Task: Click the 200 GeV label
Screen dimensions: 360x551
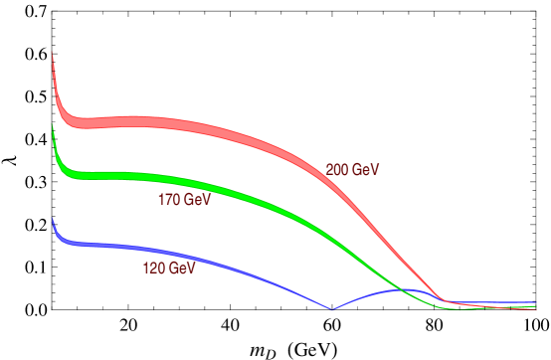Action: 353,170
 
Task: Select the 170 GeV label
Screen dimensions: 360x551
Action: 185,200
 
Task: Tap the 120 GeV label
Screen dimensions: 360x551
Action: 169,269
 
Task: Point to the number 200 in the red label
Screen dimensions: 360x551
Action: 338,170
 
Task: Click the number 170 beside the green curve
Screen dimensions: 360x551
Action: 170,200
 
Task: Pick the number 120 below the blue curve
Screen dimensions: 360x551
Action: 154,269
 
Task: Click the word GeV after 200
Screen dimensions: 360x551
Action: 366,170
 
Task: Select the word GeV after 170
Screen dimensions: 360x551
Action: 198,200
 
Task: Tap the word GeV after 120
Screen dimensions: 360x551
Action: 182,269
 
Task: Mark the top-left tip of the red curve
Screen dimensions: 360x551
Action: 52,53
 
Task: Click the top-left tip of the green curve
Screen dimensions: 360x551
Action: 52,124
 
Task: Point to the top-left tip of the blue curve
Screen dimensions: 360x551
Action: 52,218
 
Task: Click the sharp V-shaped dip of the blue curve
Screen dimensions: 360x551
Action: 332,309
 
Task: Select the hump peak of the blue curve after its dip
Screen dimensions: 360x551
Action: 403,289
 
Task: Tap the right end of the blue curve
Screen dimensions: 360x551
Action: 537,301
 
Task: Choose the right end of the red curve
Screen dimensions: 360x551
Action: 537,308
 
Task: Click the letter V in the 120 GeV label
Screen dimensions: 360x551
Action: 191,269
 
